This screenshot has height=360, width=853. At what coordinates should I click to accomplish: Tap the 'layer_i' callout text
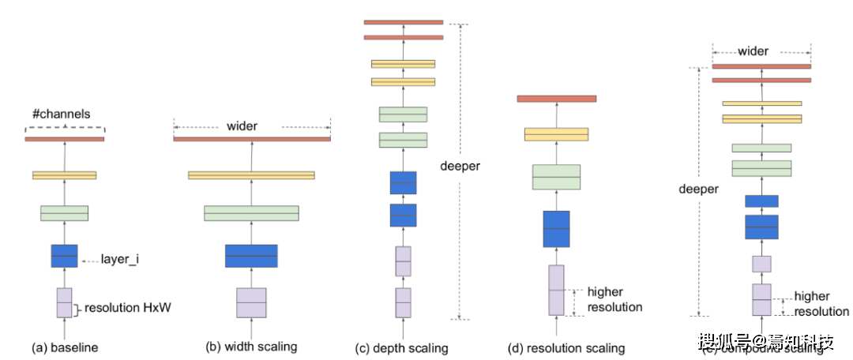pyautogui.click(x=120, y=258)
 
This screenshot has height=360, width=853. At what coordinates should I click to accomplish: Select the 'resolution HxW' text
pyautogui.click(x=127, y=309)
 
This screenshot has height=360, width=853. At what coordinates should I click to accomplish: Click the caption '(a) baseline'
pyautogui.click(x=62, y=347)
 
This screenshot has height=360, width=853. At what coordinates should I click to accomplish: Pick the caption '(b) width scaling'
pyautogui.click(x=251, y=347)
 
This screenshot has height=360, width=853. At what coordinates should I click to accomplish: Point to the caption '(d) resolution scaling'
pyautogui.click(x=566, y=347)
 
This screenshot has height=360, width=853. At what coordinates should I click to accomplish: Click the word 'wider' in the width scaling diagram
pyautogui.click(x=242, y=126)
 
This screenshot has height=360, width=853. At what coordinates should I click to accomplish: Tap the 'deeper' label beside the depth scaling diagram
pyautogui.click(x=460, y=167)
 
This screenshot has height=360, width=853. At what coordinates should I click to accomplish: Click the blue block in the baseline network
pyautogui.click(x=64, y=256)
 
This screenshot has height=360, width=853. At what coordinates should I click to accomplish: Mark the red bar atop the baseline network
pyautogui.click(x=64, y=139)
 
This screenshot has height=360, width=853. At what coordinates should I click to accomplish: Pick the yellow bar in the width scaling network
pyautogui.click(x=251, y=175)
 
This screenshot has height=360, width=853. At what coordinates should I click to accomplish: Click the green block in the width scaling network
pyautogui.click(x=251, y=213)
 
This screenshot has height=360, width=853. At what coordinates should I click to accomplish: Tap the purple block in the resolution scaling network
pyautogui.click(x=557, y=290)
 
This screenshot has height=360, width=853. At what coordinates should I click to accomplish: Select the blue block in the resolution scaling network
pyautogui.click(x=556, y=229)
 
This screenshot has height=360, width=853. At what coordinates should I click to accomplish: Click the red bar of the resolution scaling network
pyautogui.click(x=556, y=99)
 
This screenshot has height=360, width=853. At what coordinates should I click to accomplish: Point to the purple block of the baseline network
pyautogui.click(x=64, y=302)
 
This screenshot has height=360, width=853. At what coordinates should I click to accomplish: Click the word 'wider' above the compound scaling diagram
pyautogui.click(x=753, y=51)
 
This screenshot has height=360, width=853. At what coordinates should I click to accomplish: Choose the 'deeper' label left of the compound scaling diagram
pyautogui.click(x=699, y=189)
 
